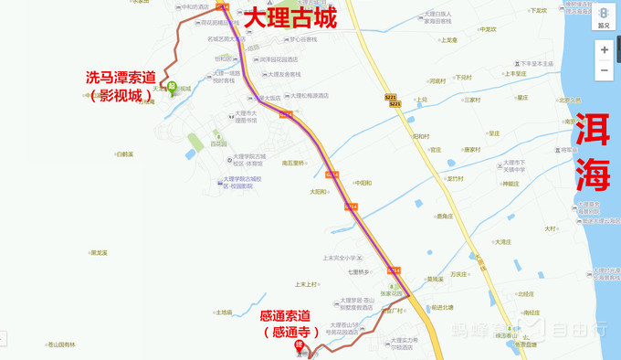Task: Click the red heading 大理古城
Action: tap(289, 17)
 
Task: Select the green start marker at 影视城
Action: tap(171, 88)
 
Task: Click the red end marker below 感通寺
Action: tap(298, 345)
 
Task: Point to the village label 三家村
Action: tap(471, 100)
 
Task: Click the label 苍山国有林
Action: tap(61, 344)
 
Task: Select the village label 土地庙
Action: tap(224, 312)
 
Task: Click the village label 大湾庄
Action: tap(502, 242)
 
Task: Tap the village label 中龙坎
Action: tap(488, 29)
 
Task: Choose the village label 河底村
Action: tap(437, 80)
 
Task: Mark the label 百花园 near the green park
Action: tap(218, 143)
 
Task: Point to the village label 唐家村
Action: tap(471, 149)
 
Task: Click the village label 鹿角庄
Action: tap(444, 217)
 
